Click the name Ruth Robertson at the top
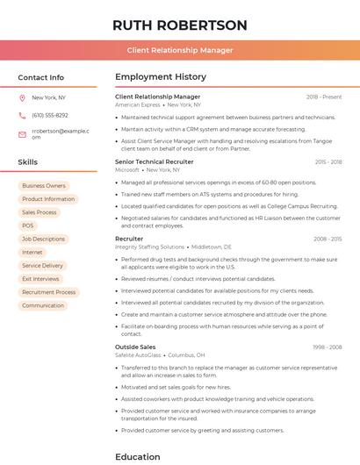(x=179, y=25)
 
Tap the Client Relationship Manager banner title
(x=179, y=50)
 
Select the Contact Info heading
(x=40, y=77)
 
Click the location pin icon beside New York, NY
(x=22, y=97)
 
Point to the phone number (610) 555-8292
(x=50, y=115)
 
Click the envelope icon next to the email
(x=22, y=133)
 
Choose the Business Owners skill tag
(x=44, y=186)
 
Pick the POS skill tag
(x=28, y=225)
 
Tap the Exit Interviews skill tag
(x=40, y=279)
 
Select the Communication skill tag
(x=43, y=305)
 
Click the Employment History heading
(x=161, y=77)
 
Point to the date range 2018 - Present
(x=324, y=97)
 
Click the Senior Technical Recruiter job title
(x=155, y=162)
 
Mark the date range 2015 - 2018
(x=328, y=162)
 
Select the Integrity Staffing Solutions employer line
(x=150, y=247)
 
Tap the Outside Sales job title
(x=135, y=347)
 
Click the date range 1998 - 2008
(x=328, y=347)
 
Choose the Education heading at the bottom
(x=138, y=456)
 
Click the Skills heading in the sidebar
(x=28, y=162)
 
